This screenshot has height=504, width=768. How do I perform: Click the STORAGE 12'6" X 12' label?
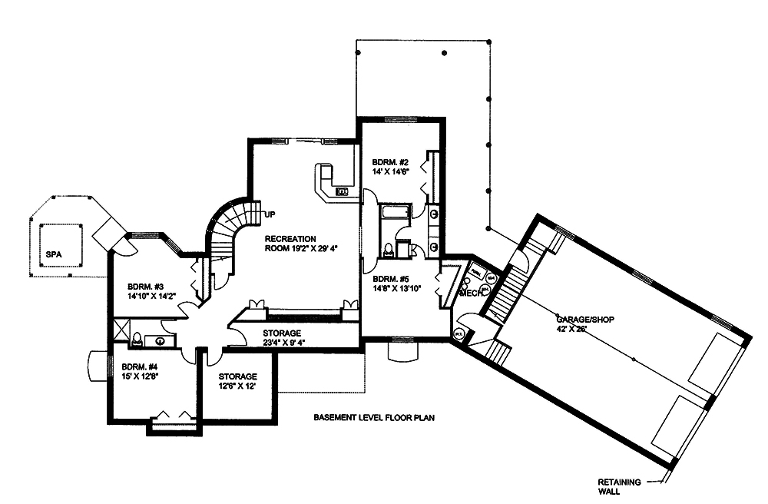pos(237,380)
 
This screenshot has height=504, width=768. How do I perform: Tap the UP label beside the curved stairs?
pos(270,213)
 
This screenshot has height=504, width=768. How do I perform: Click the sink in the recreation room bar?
pos(343,191)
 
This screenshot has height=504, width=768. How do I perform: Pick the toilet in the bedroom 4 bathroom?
pos(137,338)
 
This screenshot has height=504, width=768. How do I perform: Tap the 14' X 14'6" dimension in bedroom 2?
pos(389,172)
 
